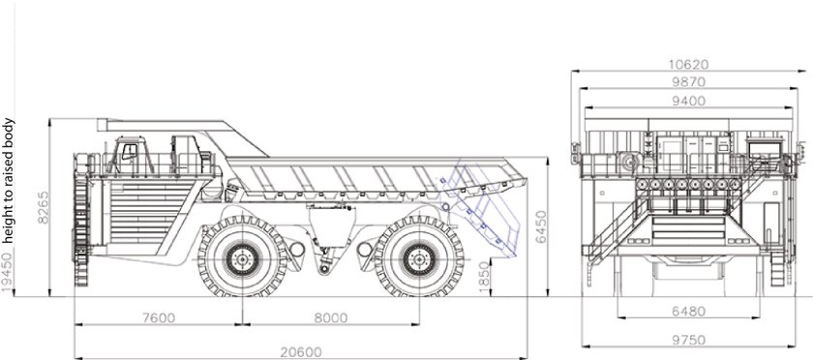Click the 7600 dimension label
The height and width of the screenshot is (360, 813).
pos(159,317)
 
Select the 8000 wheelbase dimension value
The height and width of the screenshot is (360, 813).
pos(331,317)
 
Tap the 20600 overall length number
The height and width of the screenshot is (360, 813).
pos(301,352)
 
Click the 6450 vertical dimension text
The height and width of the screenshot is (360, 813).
pos(541,226)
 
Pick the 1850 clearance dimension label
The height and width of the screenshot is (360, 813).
pos(484,277)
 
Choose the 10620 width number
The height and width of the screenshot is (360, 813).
pos(688,64)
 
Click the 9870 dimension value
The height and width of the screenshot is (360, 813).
pos(688,82)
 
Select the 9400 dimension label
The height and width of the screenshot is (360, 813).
pos(688,101)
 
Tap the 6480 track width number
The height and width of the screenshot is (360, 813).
pos(688,312)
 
